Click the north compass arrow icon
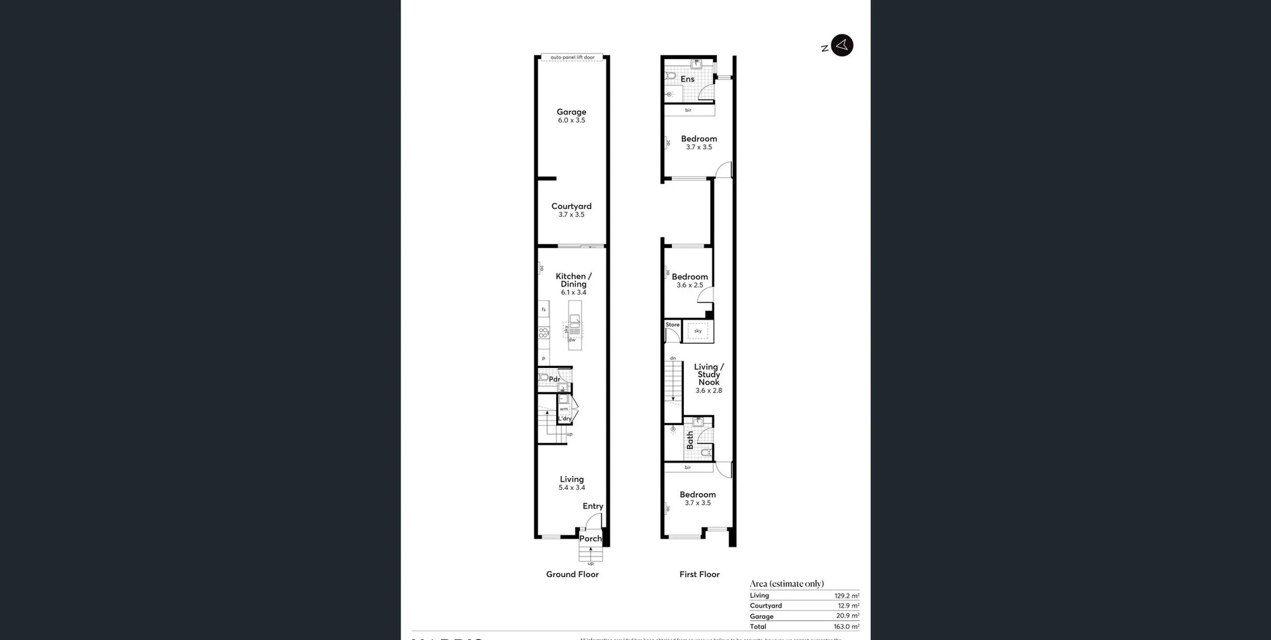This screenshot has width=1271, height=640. point(841,45)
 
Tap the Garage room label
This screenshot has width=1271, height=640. point(571,112)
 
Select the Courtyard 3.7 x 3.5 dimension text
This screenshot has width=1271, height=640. point(571,215)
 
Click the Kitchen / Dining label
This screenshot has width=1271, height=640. point(573,280)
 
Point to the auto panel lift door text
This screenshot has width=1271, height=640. point(573,58)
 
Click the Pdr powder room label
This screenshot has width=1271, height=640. point(554,379)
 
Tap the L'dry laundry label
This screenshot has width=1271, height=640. point(565,418)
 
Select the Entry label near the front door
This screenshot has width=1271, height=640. point(592,506)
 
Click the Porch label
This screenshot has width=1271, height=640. point(590,539)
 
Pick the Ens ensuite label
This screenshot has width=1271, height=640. point(688,79)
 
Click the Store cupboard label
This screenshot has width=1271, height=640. point(673,325)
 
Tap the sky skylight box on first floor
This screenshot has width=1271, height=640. point(698,331)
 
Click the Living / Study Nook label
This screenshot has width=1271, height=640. point(708,375)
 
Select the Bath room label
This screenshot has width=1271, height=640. point(690,440)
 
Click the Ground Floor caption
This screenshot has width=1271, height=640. point(572,574)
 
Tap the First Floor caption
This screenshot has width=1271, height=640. point(699,574)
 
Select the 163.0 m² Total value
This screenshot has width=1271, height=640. point(846,627)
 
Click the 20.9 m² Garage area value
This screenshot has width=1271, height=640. point(847,616)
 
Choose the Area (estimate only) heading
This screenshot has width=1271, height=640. point(786,584)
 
